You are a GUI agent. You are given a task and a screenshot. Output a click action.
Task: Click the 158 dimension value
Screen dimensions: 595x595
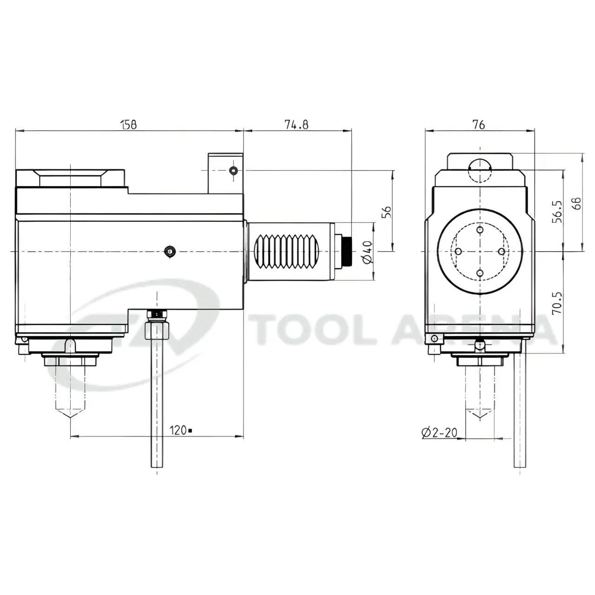click(129, 125)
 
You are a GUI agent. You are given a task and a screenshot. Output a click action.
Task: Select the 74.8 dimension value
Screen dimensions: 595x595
click(296, 125)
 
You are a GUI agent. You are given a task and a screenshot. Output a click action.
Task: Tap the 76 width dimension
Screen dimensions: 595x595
click(479, 125)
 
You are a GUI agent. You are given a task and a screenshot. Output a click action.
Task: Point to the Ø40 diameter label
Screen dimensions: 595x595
click(368, 252)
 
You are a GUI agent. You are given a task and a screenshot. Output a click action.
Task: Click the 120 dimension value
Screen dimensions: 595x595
click(178, 430)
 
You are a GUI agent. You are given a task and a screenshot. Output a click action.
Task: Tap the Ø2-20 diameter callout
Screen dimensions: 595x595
click(439, 433)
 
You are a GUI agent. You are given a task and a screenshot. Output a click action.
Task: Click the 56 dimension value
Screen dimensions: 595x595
click(386, 212)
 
